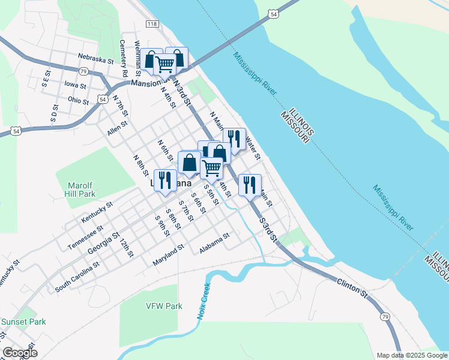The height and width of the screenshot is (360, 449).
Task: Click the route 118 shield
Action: point(151,23)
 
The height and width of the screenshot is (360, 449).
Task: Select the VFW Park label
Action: point(164,306)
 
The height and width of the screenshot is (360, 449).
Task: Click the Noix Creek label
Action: point(202,300)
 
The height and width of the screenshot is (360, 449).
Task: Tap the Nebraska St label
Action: point(95,59)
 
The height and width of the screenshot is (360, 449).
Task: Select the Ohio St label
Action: point(78,100)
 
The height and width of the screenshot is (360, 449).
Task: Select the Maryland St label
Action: point(168,256)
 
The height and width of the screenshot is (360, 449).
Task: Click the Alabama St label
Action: point(215,244)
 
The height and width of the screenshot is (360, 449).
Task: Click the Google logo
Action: point(20,353)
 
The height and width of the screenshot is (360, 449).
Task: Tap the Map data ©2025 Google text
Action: point(411,355)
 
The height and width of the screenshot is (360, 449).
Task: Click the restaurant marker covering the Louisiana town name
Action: point(165,180)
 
